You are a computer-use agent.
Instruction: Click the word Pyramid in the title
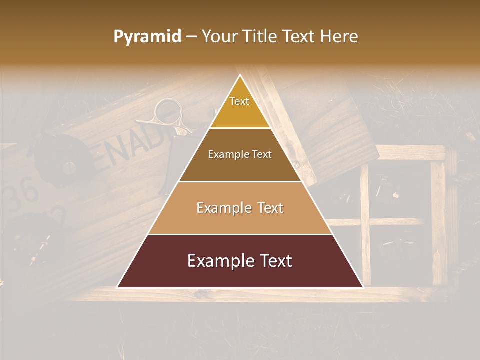[147, 37]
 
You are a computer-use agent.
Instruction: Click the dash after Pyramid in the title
[190, 37]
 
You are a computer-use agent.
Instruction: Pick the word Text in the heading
[300, 37]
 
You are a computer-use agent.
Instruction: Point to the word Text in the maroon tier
[274, 261]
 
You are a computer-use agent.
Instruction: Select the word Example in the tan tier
[222, 208]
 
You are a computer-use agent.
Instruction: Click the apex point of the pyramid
[240, 75]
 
